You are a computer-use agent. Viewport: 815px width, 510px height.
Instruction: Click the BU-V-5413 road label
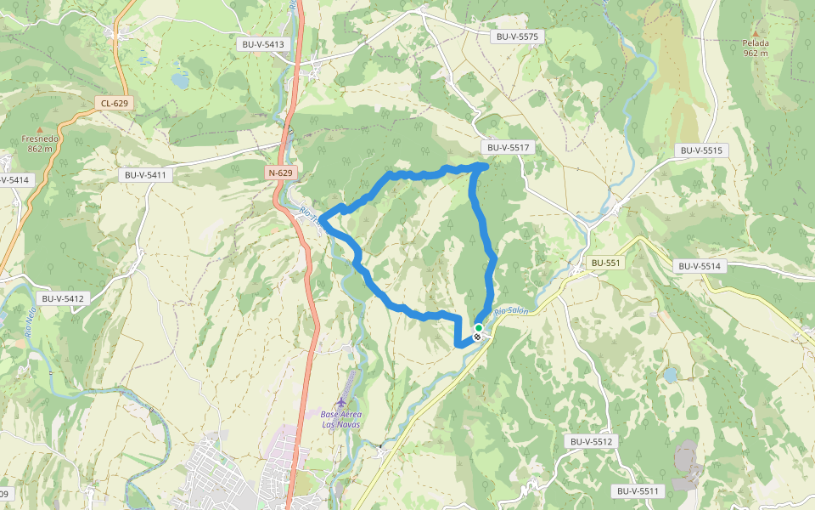tap(263, 44)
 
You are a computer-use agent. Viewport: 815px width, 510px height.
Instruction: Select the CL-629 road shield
tap(114, 104)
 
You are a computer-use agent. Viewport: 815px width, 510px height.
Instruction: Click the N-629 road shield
tap(280, 173)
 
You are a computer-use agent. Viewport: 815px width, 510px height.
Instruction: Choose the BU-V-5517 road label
tap(504, 147)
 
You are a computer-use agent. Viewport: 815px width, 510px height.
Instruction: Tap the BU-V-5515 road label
tap(701, 150)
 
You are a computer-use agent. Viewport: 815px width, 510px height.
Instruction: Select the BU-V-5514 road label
tap(700, 266)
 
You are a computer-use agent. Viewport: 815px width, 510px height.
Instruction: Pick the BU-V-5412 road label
tap(63, 299)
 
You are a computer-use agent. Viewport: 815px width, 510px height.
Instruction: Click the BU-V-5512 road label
tap(591, 442)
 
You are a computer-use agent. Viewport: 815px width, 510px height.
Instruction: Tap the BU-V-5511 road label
tap(638, 491)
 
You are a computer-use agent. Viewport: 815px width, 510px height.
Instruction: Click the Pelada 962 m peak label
tap(756, 48)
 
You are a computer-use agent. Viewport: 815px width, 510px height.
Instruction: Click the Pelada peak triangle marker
tap(756, 34)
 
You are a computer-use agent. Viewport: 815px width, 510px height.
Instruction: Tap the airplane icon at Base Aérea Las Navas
tap(341, 401)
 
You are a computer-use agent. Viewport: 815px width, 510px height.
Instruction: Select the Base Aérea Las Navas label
tap(340, 419)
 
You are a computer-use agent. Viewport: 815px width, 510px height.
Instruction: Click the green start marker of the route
tap(479, 327)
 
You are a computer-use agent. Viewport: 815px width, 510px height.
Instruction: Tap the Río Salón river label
tap(511, 311)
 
